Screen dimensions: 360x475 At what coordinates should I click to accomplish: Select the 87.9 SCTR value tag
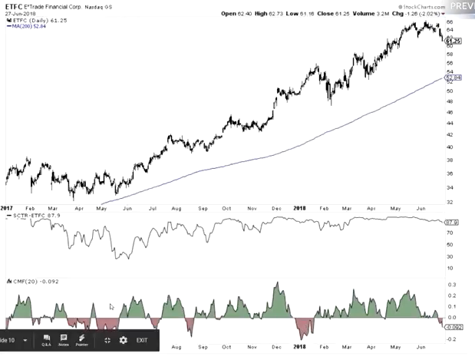[x=451, y=223]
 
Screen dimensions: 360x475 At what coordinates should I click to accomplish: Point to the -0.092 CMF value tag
[x=454, y=325]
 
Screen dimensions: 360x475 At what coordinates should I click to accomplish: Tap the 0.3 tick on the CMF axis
[x=450, y=283]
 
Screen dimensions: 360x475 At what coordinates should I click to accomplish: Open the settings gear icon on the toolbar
[x=122, y=340]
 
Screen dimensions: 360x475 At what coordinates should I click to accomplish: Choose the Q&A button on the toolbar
[x=47, y=340]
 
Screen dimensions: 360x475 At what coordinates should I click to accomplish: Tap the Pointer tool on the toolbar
[x=81, y=340]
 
